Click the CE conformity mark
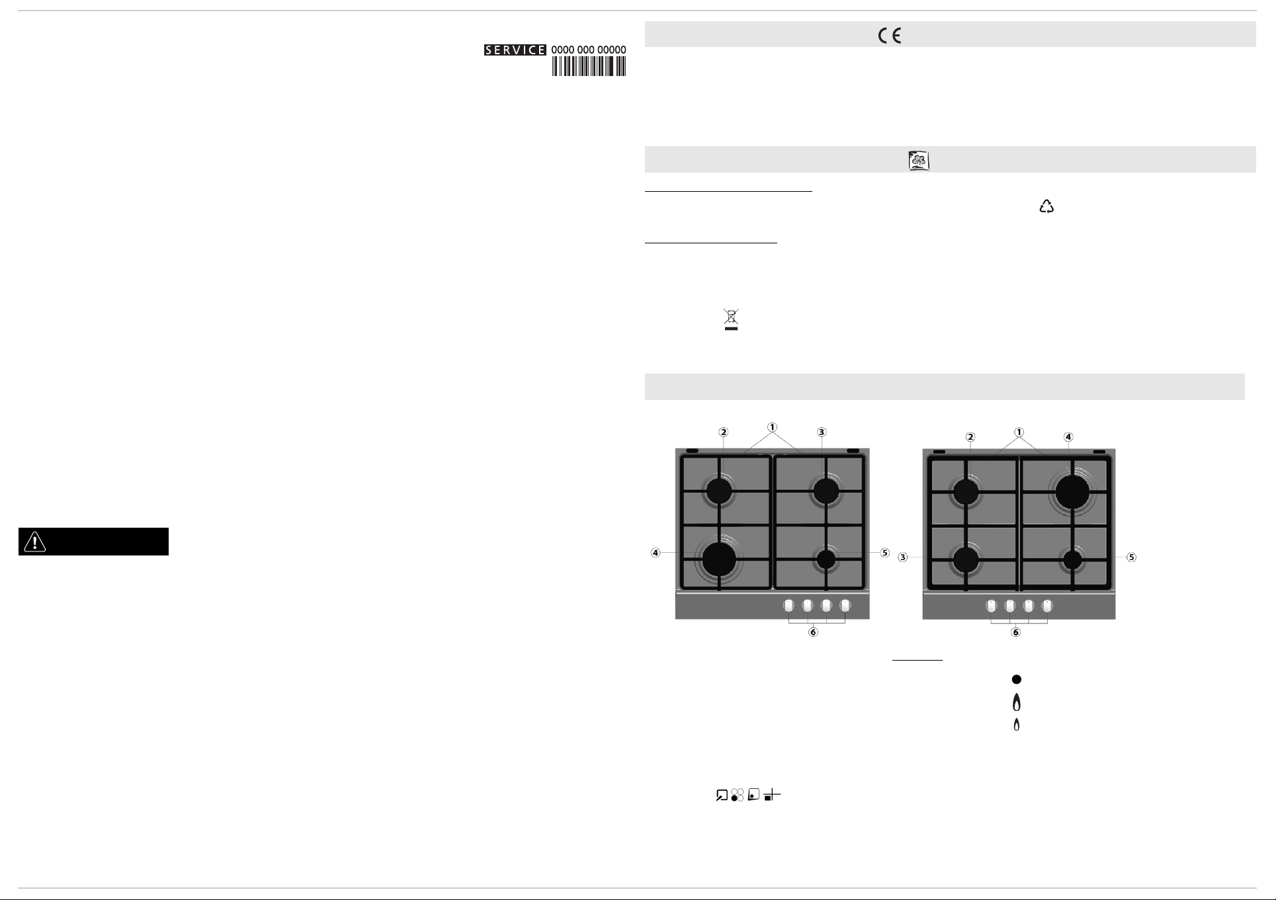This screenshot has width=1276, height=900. pos(890,36)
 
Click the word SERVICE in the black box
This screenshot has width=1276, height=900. pos(515,50)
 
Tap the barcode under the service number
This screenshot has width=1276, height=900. pos(589,67)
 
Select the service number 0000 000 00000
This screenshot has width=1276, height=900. pos(589,50)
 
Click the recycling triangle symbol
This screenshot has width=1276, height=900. pos(1046,206)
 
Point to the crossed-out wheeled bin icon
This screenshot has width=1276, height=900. pos(731,319)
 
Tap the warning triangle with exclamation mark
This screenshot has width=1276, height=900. pos(34,542)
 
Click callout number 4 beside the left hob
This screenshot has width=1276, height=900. pos(656,553)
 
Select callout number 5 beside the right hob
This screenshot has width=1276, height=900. pos(1132,557)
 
